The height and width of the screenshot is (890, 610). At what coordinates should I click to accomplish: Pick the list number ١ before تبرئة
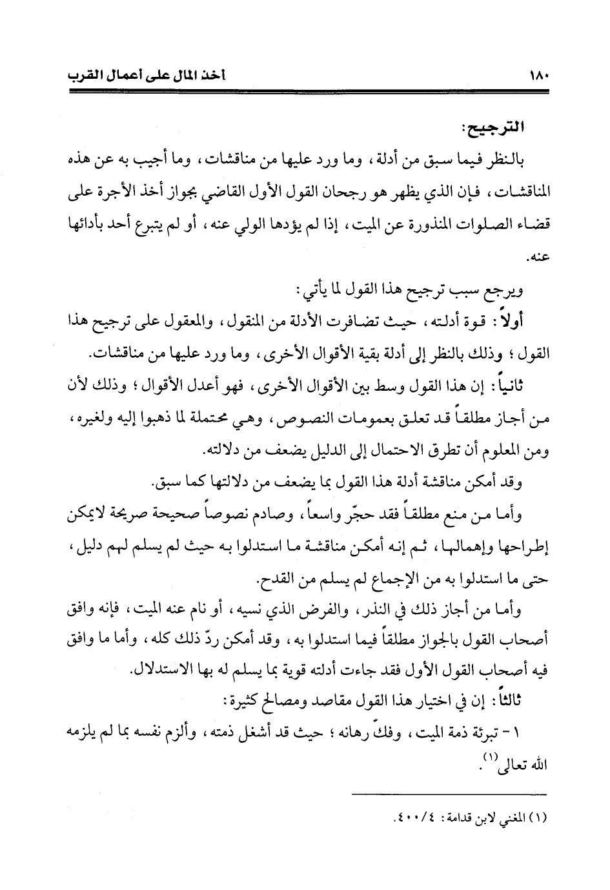tap(521, 734)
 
